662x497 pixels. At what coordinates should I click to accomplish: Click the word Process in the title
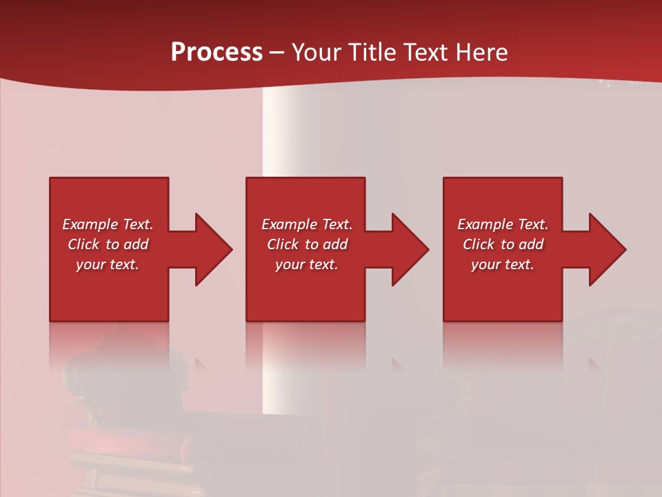coord(217,52)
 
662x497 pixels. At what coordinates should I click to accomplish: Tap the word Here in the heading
coord(481,52)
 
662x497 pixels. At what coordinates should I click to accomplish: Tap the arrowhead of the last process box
coord(606,249)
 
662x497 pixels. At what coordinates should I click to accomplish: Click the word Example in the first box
coord(90,224)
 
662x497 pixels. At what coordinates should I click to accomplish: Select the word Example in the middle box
coord(289,224)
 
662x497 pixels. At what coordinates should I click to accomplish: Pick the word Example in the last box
coord(485,224)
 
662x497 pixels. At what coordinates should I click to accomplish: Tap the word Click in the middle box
coord(283,244)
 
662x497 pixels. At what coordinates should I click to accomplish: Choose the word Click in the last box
coord(479,244)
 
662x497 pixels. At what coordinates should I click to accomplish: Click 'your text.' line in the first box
coord(108,264)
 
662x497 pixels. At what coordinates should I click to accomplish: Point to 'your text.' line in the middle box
coord(306,264)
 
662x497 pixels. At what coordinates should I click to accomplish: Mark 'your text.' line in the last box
coord(503,264)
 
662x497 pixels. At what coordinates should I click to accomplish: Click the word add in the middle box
coord(335,244)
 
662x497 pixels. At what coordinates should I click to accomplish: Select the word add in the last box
coord(531,244)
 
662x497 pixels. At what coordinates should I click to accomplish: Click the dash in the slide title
coord(277,53)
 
